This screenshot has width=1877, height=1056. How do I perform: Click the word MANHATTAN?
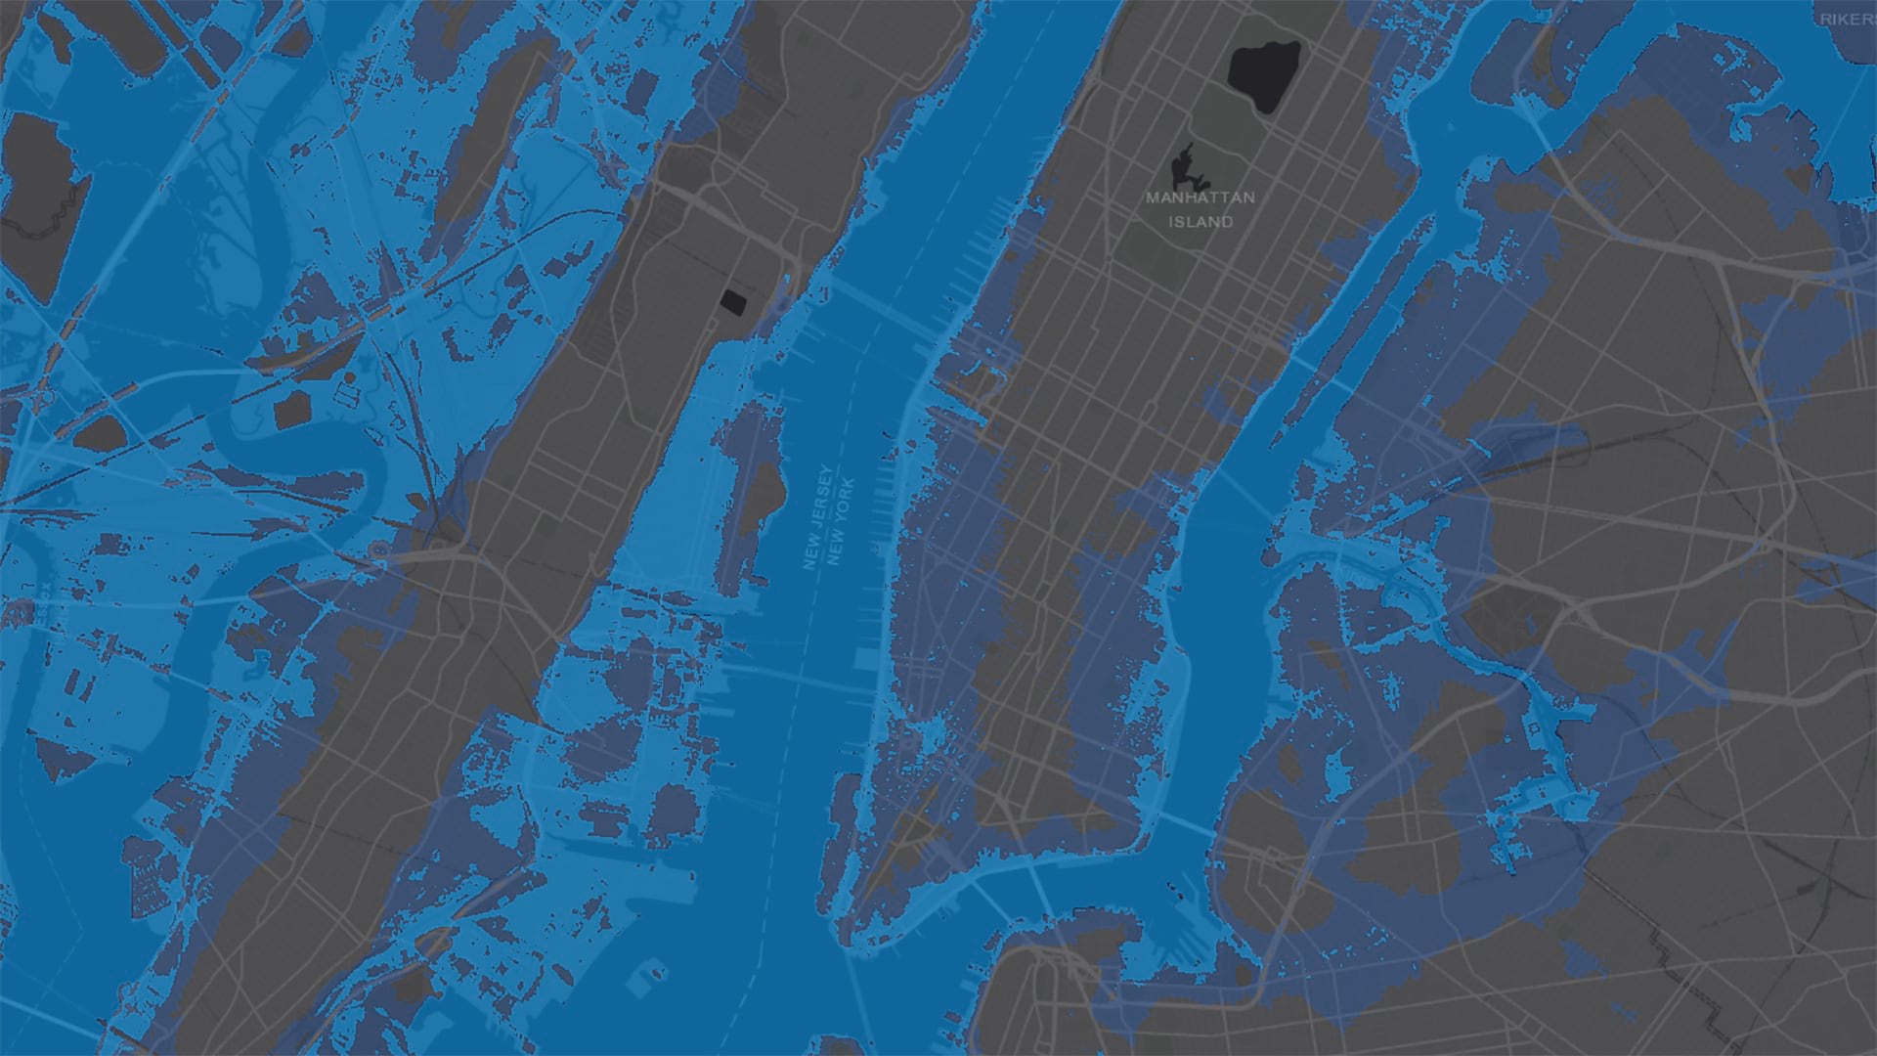pos(1200,198)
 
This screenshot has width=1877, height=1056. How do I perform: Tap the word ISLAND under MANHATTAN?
pos(1200,222)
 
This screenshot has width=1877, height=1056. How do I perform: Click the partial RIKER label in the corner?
pos(1848,19)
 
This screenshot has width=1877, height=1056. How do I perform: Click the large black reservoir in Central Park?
pos(1263,76)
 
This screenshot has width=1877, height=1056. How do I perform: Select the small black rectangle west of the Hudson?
pos(731,300)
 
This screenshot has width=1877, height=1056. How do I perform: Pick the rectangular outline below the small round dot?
pos(348,393)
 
